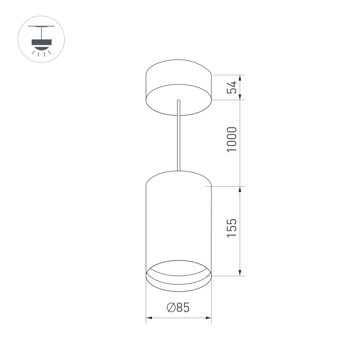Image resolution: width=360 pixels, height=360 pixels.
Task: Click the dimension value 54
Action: tap(232, 87)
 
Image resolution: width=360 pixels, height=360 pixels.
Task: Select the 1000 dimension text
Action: tap(232, 139)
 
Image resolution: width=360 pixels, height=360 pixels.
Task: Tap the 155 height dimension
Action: tap(232, 228)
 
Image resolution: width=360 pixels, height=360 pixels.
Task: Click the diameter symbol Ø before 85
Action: tap(171, 308)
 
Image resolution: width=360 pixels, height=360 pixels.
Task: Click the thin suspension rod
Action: tap(178, 137)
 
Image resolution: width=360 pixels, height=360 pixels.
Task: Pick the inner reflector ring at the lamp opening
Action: tap(178, 272)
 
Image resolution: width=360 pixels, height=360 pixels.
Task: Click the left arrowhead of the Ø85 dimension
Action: tap(149, 318)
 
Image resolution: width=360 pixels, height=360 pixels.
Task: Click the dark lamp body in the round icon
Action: tap(41, 42)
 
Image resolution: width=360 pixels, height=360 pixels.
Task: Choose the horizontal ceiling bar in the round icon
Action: tap(41, 26)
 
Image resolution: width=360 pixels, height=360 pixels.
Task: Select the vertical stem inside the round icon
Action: tap(41, 33)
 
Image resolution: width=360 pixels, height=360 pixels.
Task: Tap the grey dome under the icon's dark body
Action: tap(41, 47)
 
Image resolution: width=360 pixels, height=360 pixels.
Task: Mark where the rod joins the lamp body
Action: tap(178, 170)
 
